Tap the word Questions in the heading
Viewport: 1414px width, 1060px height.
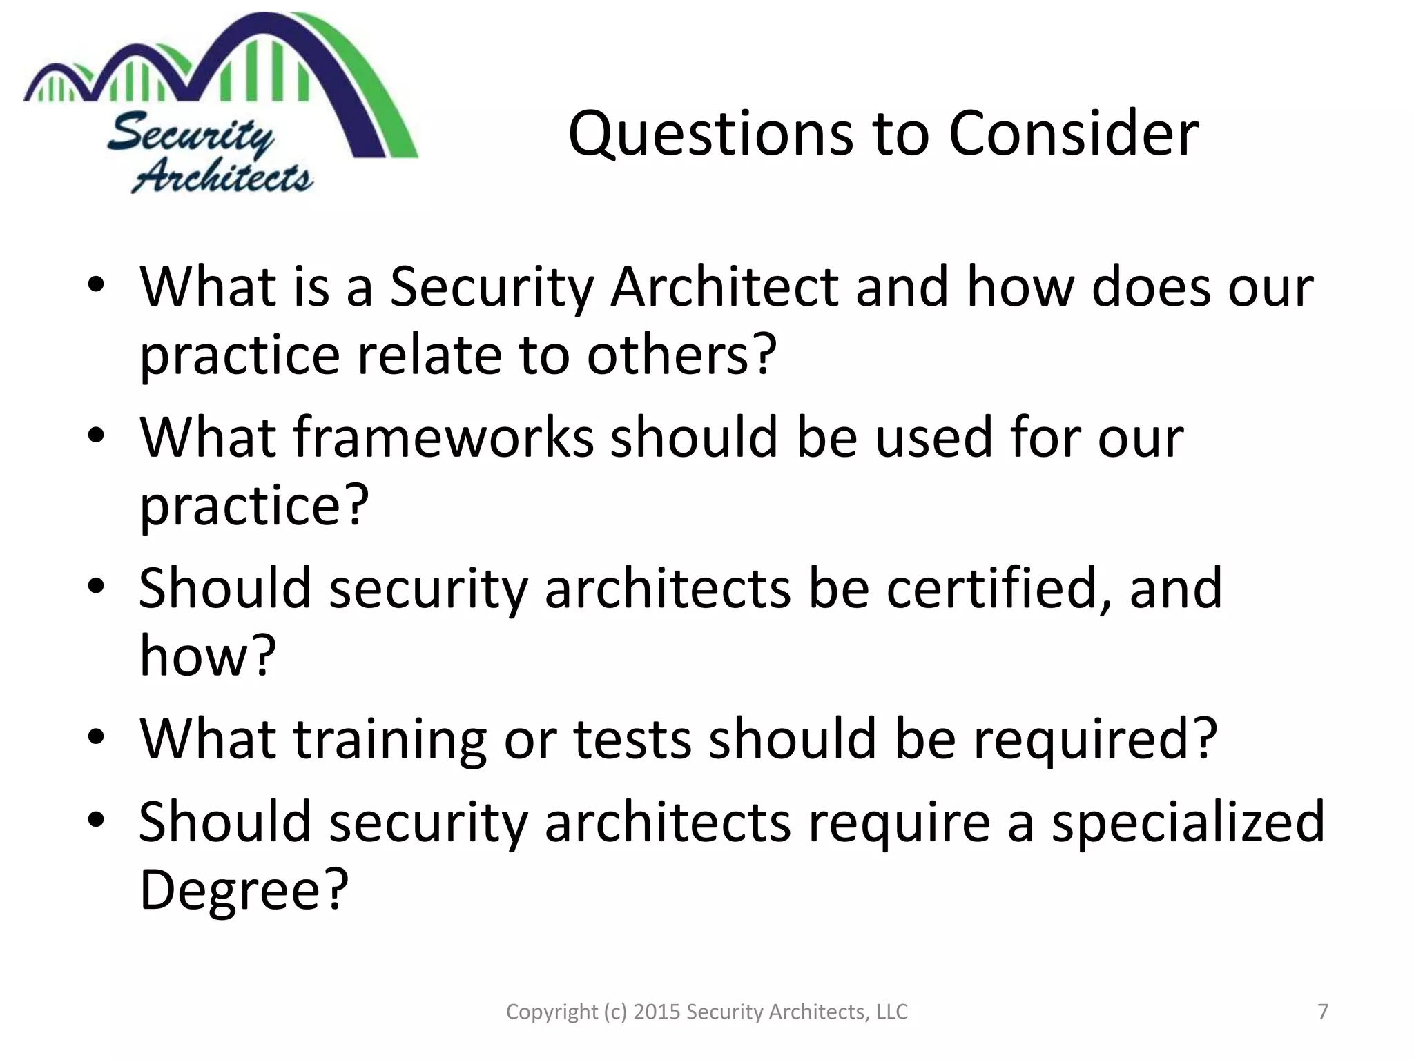(x=710, y=135)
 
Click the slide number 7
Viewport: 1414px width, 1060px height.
(x=1323, y=1012)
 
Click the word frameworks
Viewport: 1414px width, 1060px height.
(x=443, y=438)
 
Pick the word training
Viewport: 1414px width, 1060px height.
(x=391, y=738)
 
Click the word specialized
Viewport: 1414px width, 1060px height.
(x=1188, y=821)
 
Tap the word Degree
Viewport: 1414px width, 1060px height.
(x=231, y=889)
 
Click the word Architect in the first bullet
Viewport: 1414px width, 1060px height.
(x=724, y=287)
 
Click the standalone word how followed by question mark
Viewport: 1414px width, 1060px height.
(x=193, y=656)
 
